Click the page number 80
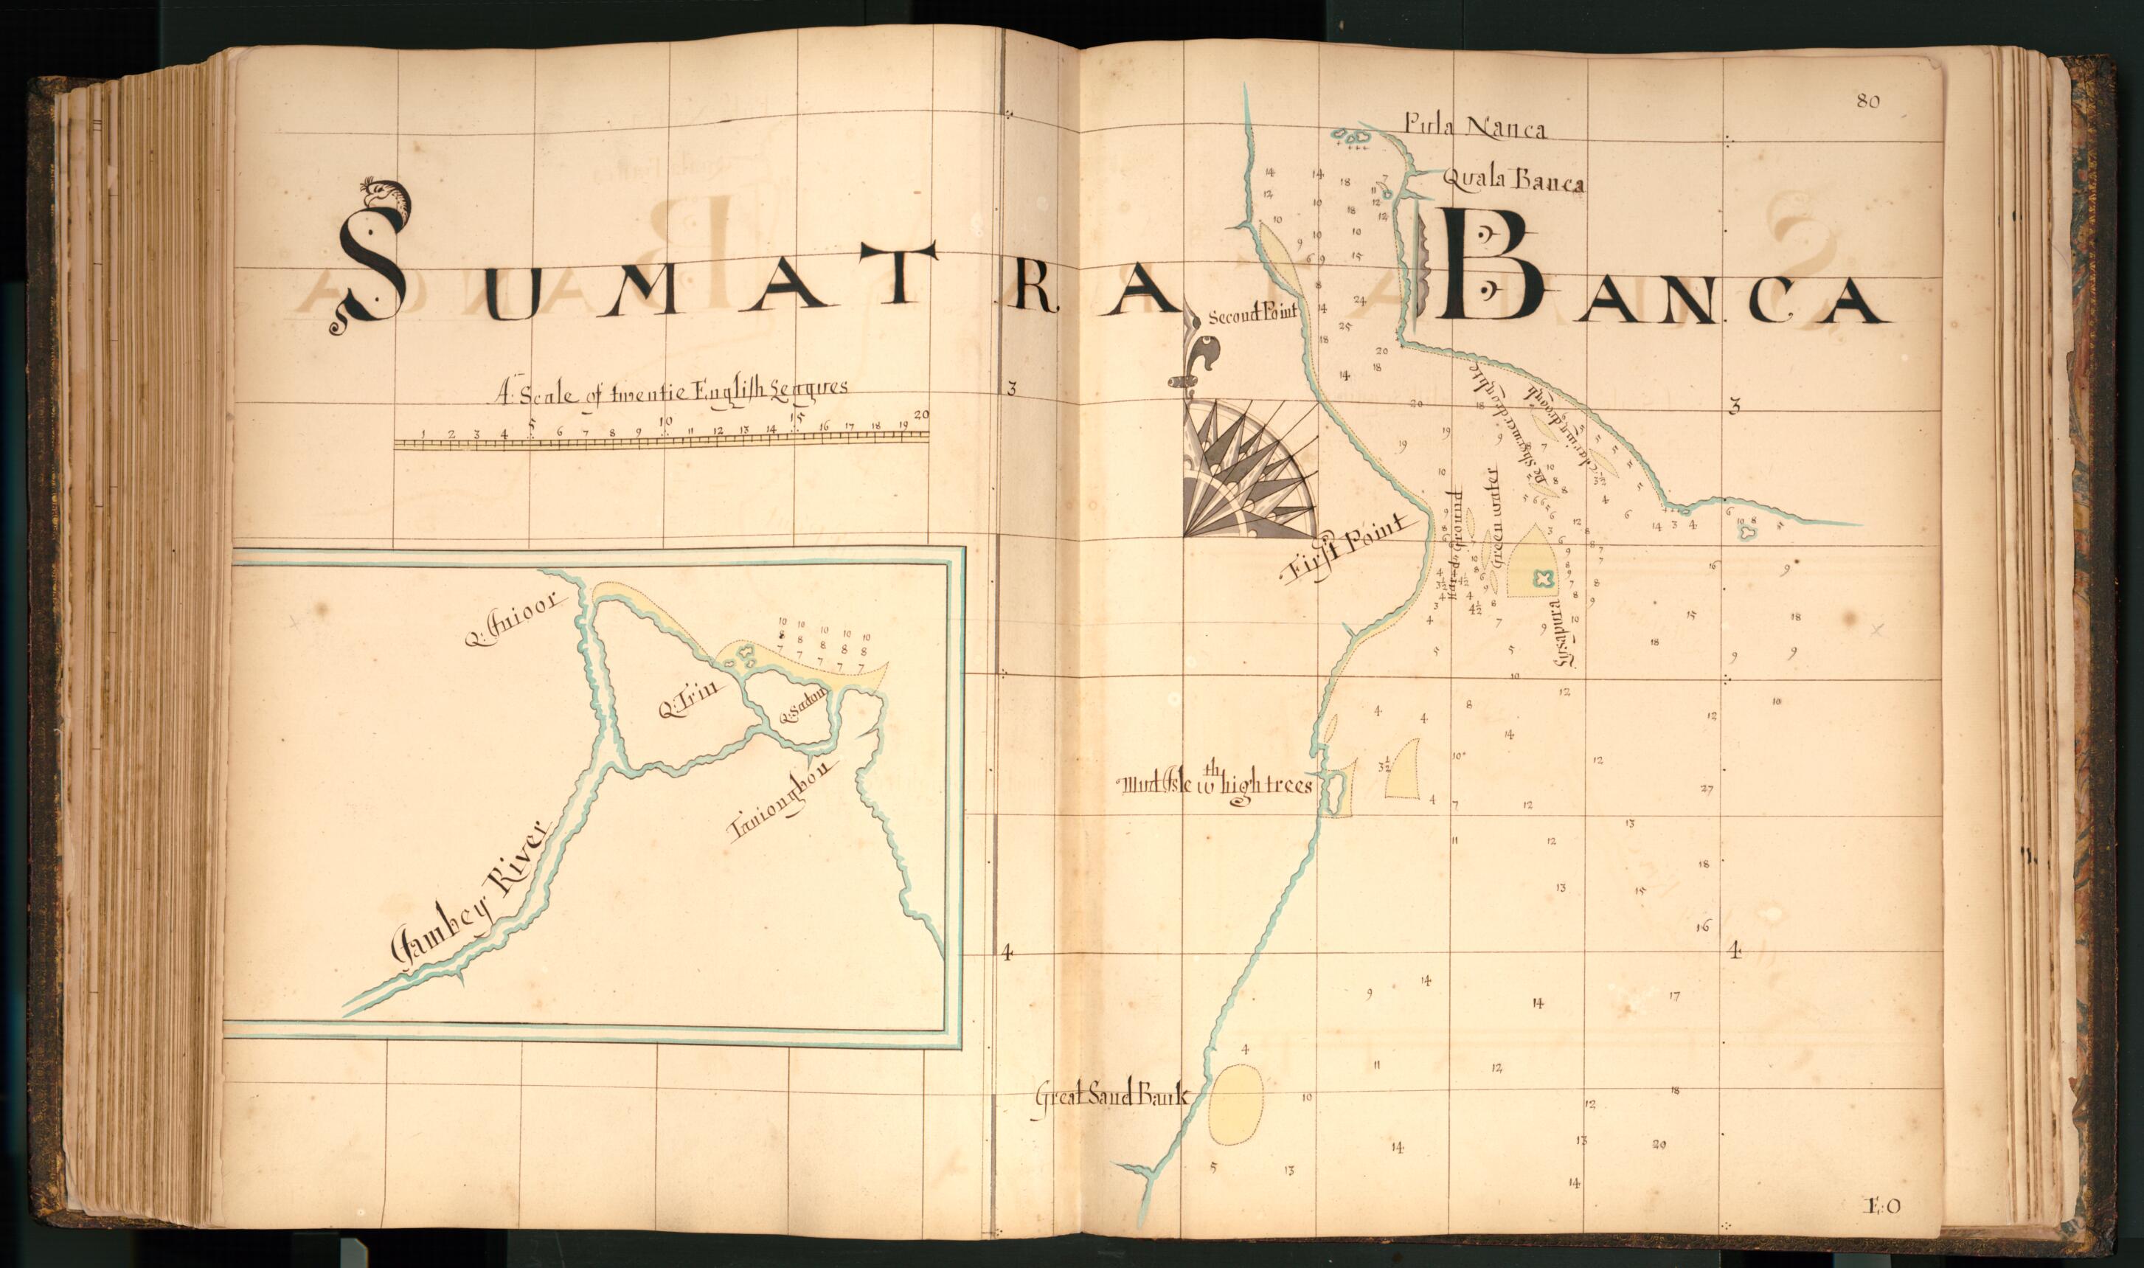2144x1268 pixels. coord(1867,102)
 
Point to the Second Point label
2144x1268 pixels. coord(1252,314)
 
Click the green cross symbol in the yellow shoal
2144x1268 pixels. coord(1543,578)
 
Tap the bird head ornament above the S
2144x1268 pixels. coord(387,195)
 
